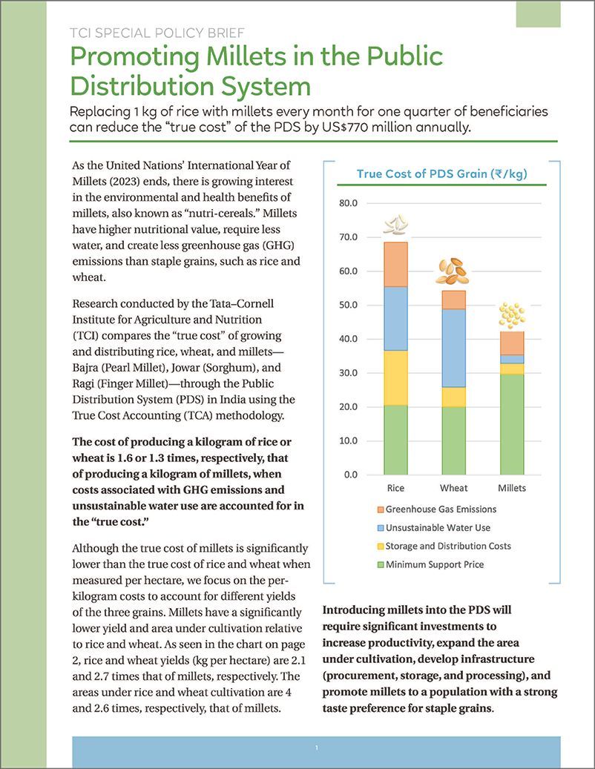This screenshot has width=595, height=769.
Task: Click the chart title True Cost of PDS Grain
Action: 441,174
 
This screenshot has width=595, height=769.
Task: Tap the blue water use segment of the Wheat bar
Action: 453,348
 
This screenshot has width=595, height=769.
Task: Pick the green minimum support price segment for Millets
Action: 511,424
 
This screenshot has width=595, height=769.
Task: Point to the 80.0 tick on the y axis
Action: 348,203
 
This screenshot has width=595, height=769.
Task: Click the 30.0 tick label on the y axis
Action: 348,373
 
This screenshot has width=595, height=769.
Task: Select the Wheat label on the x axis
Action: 453,488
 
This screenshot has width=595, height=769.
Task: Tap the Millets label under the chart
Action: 511,488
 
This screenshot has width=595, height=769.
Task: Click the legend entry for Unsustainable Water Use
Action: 438,527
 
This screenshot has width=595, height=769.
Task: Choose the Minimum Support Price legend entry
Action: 435,564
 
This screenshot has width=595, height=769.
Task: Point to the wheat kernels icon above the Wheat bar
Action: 453,271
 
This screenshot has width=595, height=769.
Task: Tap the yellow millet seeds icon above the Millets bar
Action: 511,315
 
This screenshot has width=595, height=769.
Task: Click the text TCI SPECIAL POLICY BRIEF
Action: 157,33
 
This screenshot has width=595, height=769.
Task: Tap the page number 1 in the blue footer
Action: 316,748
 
